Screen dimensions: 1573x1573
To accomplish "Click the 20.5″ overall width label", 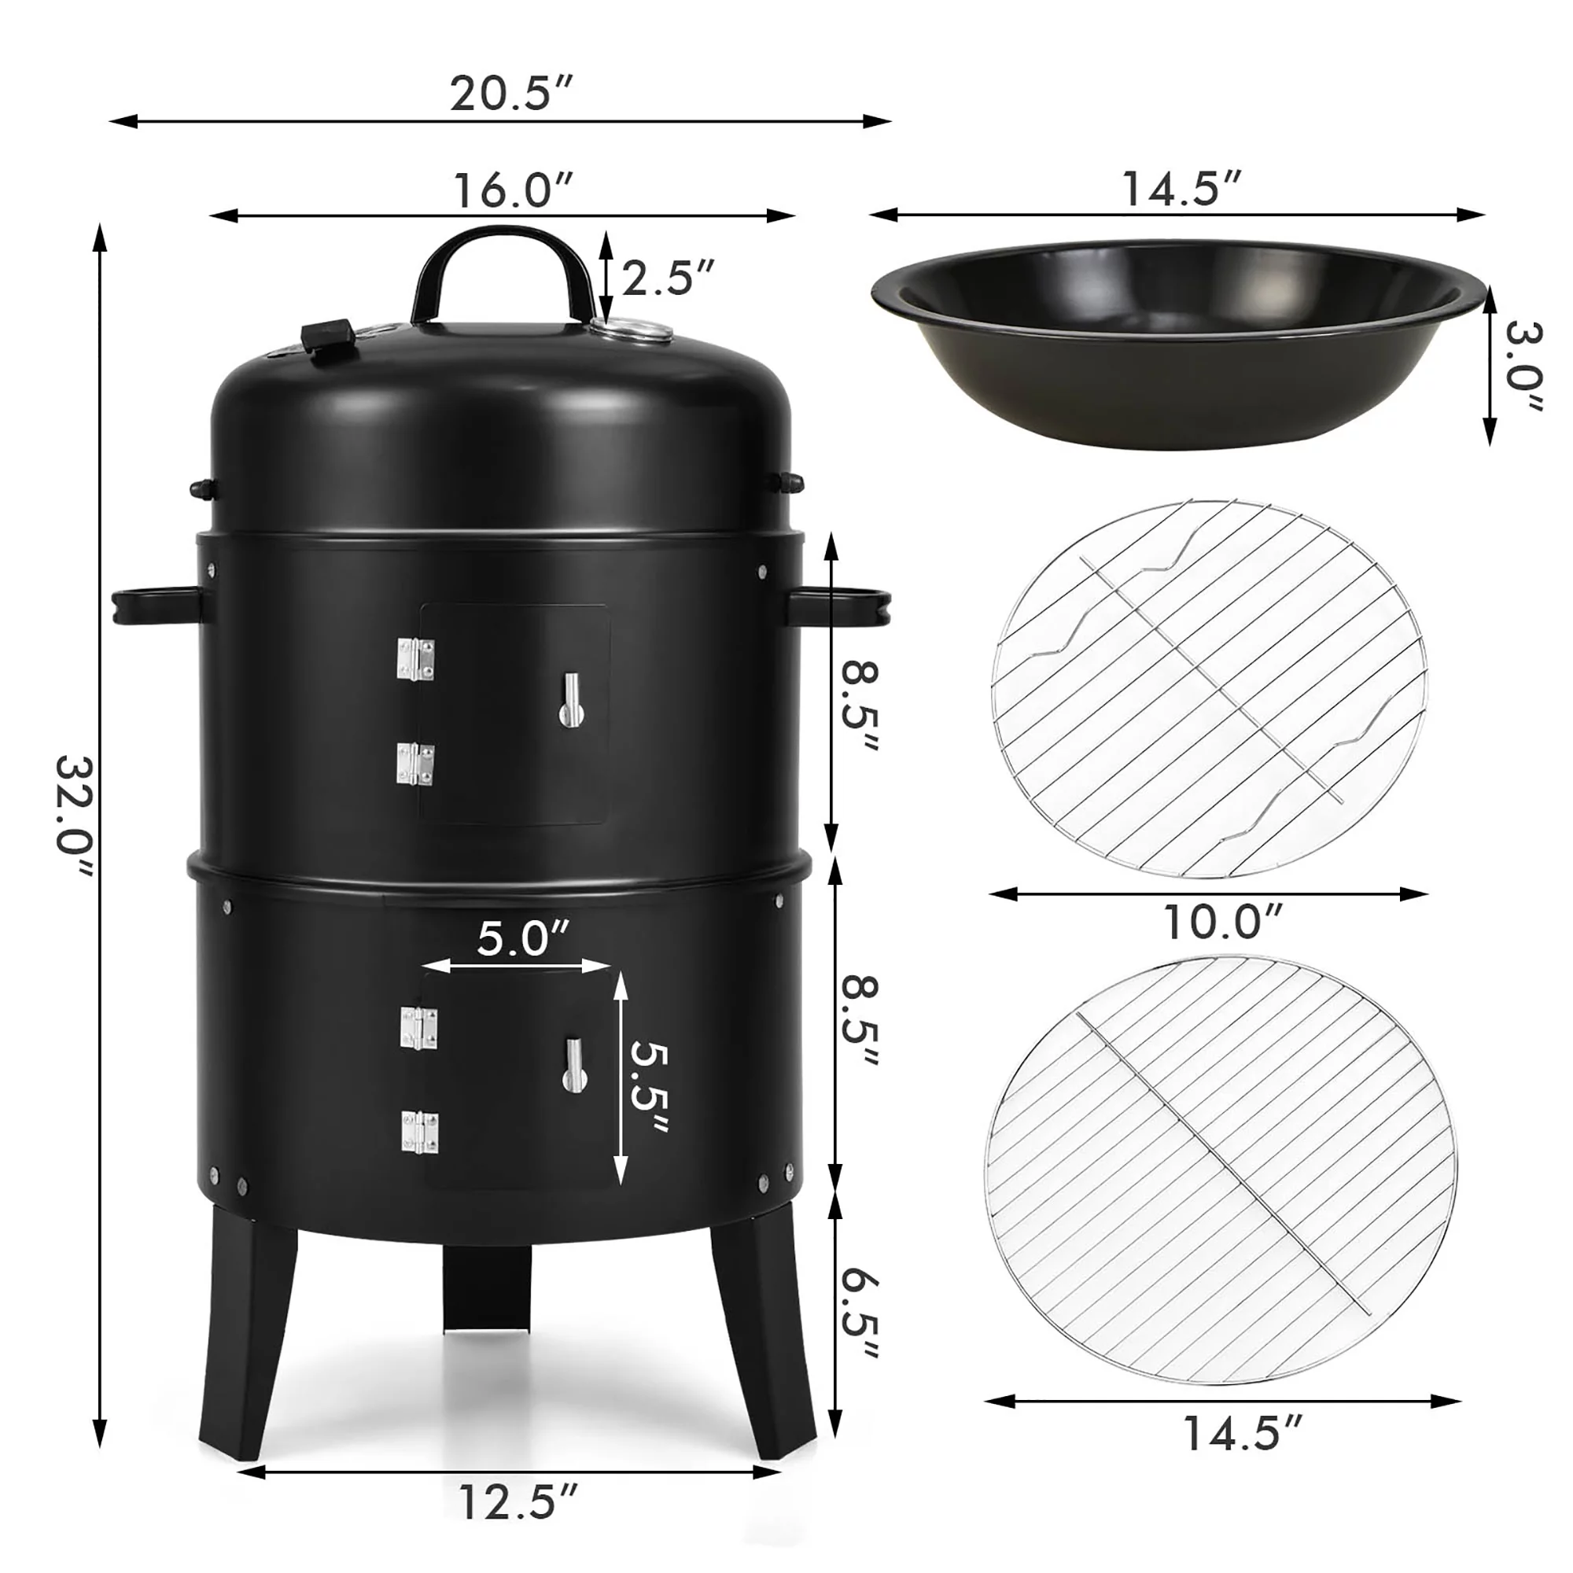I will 511,94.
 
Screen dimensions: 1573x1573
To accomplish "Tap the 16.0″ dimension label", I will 513,190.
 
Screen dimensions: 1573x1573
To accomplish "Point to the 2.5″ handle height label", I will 668,278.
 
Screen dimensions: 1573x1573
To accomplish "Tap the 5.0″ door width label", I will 524,939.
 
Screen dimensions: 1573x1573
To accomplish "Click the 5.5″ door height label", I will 650,1088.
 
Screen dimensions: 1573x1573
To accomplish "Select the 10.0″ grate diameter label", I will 1222,923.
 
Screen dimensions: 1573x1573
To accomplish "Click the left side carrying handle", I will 155,606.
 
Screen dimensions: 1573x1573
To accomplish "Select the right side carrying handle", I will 838,606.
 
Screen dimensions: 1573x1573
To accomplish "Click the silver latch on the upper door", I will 572,700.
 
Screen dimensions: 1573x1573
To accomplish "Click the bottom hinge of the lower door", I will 419,1133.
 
